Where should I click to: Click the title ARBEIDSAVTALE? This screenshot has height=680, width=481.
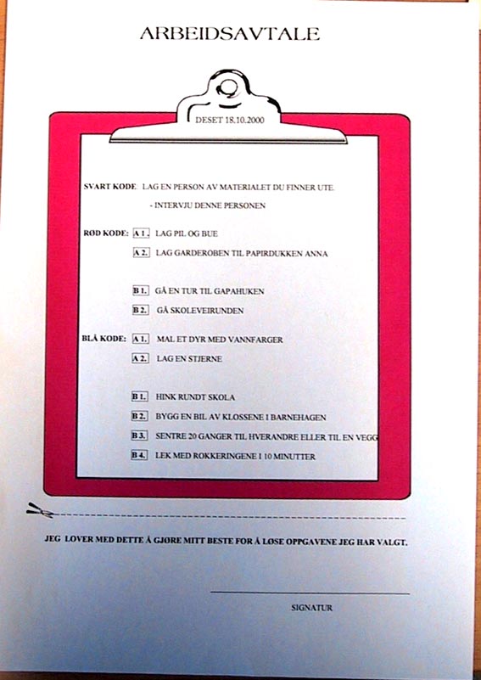click(230, 34)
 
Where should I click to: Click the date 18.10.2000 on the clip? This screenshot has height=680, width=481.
click(244, 121)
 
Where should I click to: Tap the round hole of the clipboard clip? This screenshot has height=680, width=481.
click(227, 88)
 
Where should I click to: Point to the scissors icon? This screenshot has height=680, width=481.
click(41, 510)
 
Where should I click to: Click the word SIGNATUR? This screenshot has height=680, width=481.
click(312, 608)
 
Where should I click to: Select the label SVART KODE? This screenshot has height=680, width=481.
click(109, 187)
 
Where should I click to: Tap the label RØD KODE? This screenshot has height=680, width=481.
click(106, 233)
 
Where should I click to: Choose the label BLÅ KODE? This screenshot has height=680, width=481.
click(104, 339)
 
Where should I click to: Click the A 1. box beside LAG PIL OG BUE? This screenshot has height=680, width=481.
click(142, 233)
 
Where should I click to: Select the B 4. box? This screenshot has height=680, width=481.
click(139, 455)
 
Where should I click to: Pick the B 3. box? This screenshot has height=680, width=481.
click(139, 436)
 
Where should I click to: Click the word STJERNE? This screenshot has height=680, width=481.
click(205, 359)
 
